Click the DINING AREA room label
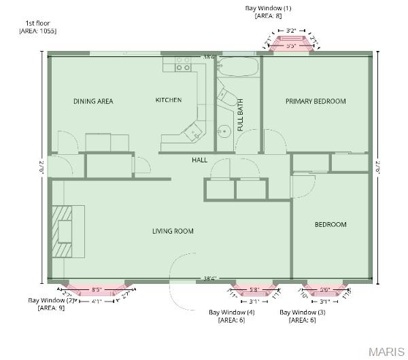point(93,101)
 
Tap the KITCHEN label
point(169,100)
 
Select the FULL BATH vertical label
point(240,115)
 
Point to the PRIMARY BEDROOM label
point(316,101)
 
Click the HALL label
point(199,160)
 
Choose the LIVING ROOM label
point(173,231)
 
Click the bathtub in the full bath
point(237,68)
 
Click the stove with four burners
point(183,65)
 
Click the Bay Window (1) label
point(268,8)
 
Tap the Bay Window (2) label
point(52,300)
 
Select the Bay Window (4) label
point(231,312)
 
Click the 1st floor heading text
point(37,23)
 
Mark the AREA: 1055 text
point(38,31)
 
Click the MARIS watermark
point(386,351)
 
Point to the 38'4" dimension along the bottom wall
point(210,278)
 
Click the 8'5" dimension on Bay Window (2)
point(97,289)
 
